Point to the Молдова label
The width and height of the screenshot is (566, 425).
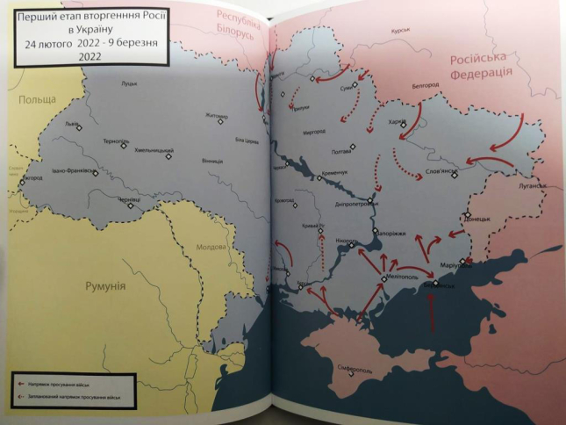(x=211, y=247)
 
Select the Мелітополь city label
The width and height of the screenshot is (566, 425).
(x=399, y=277)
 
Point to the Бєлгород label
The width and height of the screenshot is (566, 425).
(x=426, y=86)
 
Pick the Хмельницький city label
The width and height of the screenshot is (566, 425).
(x=154, y=151)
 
